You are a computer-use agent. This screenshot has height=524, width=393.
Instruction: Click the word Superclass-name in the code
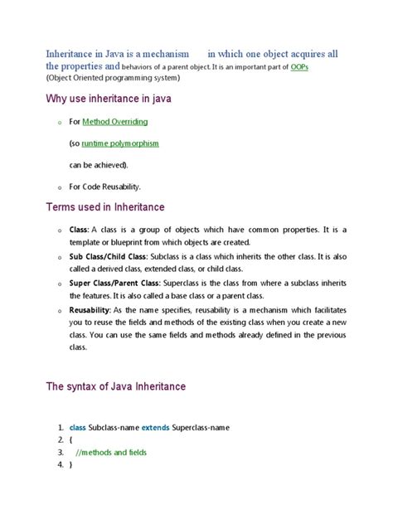tap(201, 428)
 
